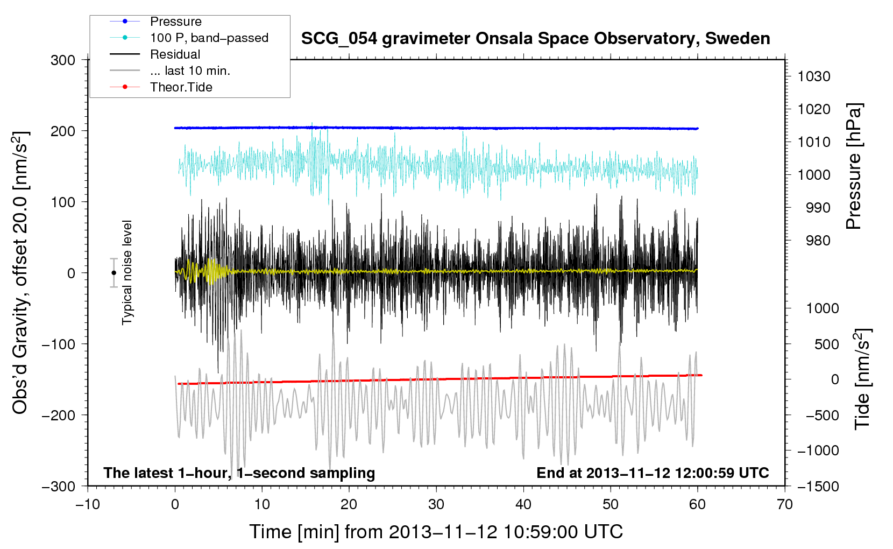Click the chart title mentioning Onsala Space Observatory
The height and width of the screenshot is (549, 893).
(535, 39)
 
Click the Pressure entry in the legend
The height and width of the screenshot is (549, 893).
(175, 22)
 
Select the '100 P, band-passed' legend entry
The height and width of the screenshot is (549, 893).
(209, 38)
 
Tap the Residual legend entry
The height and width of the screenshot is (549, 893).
(175, 54)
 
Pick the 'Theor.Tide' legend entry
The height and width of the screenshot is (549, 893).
(181, 87)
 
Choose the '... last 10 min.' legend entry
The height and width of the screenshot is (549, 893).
(190, 71)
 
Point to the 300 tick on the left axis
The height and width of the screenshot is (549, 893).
(63, 60)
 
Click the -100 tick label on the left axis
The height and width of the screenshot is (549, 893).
(59, 344)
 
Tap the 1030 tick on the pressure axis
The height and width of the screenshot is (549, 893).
(814, 76)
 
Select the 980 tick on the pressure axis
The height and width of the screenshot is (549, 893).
(818, 241)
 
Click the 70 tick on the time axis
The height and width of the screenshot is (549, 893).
(785, 504)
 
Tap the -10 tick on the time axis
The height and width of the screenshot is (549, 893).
(87, 504)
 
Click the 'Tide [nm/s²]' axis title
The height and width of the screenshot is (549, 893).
(862, 379)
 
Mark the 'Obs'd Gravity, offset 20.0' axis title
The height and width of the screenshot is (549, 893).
(20, 272)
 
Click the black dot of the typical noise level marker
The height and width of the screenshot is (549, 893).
(114, 273)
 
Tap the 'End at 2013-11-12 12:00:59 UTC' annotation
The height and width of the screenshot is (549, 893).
(653, 473)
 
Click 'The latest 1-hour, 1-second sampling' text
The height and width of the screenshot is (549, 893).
(239, 473)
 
